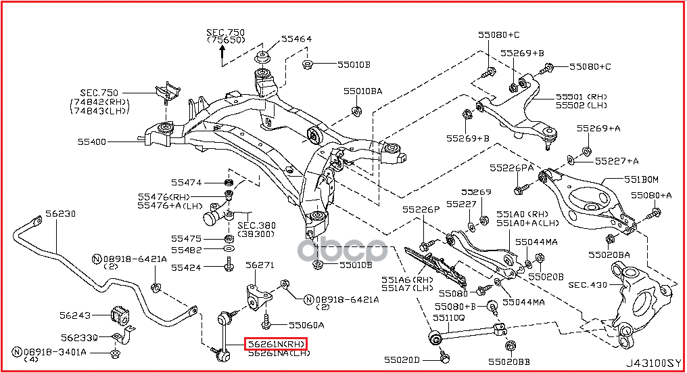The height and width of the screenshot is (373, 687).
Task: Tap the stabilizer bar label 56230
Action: [x=60, y=214]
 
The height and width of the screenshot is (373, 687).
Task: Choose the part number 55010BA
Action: [x=362, y=91]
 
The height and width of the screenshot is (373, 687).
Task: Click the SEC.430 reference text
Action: [x=588, y=285]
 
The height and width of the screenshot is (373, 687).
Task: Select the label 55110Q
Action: [x=449, y=317]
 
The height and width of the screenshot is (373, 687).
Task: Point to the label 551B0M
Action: [x=640, y=179]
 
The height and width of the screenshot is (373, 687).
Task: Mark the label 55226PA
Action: [x=511, y=167]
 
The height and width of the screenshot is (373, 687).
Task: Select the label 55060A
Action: [x=306, y=325]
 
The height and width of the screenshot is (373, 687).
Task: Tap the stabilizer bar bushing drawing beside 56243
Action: [x=119, y=315]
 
